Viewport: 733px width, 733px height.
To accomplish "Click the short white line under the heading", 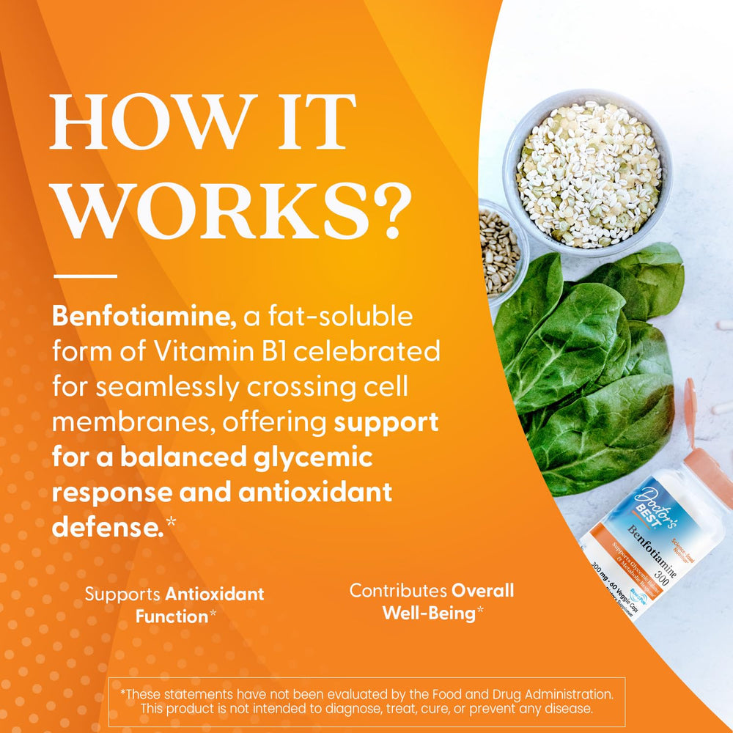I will pyautogui.click(x=85, y=276).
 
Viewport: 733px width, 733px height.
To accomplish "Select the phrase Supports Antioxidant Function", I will pyautogui.click(x=174, y=605).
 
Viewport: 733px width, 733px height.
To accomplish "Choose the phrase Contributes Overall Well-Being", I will pyautogui.click(x=432, y=601).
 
